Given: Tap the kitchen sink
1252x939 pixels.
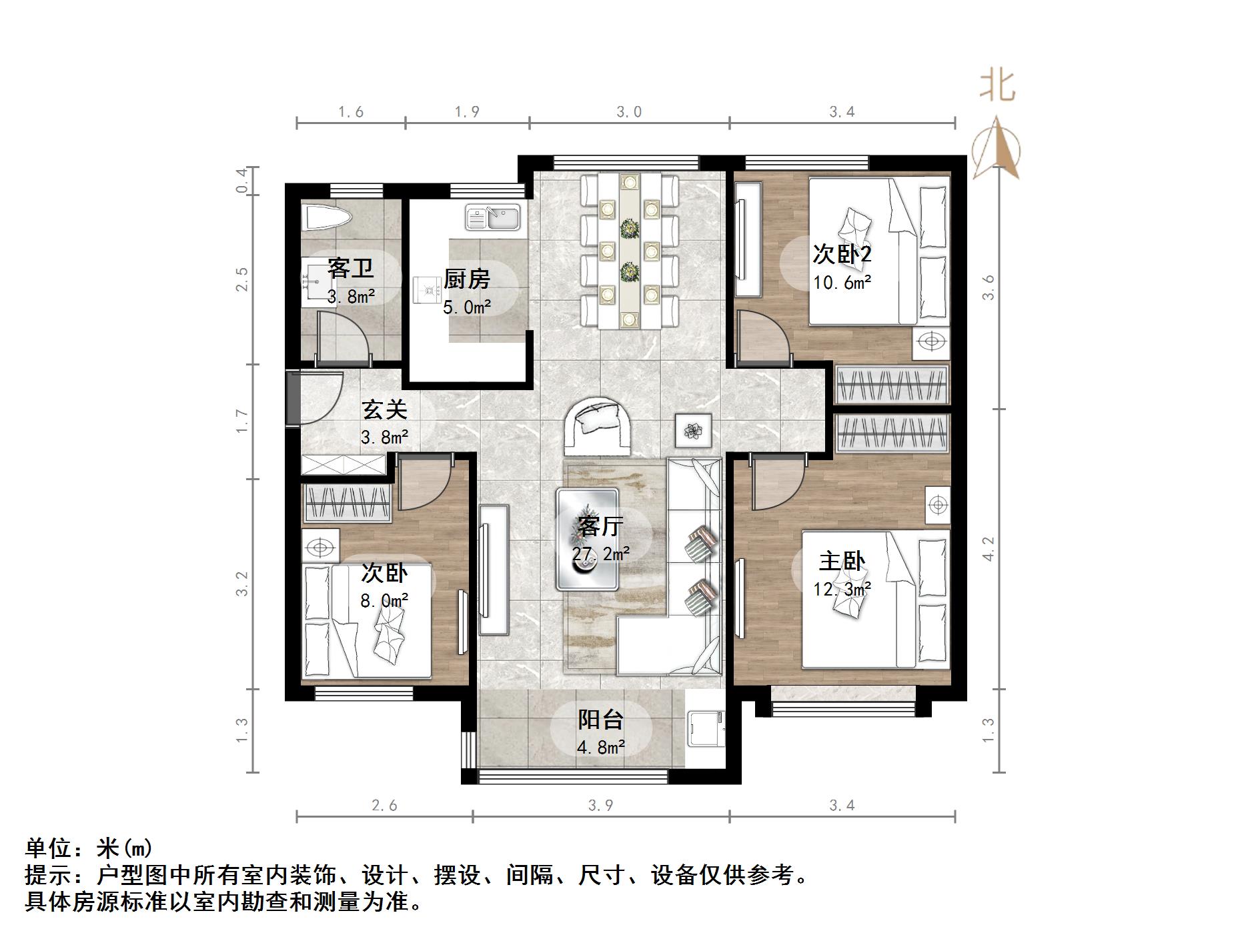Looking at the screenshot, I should coord(493,217).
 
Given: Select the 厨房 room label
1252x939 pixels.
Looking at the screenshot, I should coord(467,279).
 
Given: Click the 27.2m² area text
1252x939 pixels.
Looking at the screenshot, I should coord(600,554).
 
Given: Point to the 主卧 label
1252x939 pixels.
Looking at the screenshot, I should coord(842,562).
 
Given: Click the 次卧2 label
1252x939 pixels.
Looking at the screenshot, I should coord(842,254).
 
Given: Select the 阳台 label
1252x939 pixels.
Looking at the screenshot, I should coord(600,720).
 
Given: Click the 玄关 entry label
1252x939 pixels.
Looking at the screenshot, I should coord(384,409).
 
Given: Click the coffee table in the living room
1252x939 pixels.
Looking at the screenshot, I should coord(588,539).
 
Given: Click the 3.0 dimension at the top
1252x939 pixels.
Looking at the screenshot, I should coord(628,112).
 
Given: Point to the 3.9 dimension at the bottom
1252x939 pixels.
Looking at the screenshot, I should coord(600,806).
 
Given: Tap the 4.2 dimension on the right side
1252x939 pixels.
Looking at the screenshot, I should coord(989,549).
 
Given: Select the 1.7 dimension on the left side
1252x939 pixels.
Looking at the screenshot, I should coord(242,421).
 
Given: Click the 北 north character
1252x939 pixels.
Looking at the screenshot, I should coord(997,87).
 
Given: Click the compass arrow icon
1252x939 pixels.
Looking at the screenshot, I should coord(996,148).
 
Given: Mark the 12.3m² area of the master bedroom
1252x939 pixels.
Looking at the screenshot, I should coord(842,590).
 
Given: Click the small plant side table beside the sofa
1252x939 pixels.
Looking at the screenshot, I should coord(693,430).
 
